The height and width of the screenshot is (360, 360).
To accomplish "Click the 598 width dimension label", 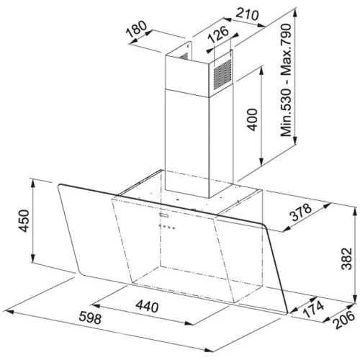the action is point(90,318).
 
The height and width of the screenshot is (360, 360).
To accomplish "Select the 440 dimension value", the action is point(147,306).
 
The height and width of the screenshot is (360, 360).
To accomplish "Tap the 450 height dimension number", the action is point(24,221).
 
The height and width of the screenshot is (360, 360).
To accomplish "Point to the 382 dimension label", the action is point(346,258).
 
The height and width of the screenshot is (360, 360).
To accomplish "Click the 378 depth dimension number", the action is point(301,212).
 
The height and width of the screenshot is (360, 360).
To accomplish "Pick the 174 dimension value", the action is point(313,310).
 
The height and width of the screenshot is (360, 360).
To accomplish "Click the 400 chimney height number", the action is point(252,120).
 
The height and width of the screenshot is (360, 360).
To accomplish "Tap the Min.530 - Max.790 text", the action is point(287,80).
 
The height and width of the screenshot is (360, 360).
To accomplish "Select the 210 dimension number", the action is point(247,14).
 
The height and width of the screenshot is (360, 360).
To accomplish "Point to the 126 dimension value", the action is point(218,35).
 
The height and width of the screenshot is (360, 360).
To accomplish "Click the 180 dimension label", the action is point(137,30).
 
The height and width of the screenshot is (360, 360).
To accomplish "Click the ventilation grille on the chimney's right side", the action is point(223,75).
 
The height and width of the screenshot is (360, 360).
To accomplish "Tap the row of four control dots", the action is point(167,227).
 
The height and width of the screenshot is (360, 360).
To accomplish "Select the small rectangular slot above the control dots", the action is point(164,215).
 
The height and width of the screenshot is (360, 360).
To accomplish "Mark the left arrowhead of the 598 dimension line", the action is point(9,312).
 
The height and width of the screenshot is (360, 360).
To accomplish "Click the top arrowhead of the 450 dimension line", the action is point(32,182).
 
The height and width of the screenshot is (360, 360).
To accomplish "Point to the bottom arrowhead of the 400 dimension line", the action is point(261,162).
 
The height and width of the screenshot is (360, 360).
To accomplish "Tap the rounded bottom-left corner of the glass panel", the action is point(81,274).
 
